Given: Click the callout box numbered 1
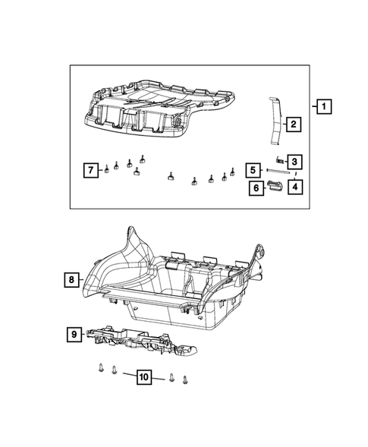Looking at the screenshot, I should coord(323,107).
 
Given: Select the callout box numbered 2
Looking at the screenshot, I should coord(291,124).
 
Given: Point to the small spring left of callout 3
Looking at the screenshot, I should coord(279,160).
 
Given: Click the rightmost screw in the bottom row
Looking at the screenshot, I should coord(185,379).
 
